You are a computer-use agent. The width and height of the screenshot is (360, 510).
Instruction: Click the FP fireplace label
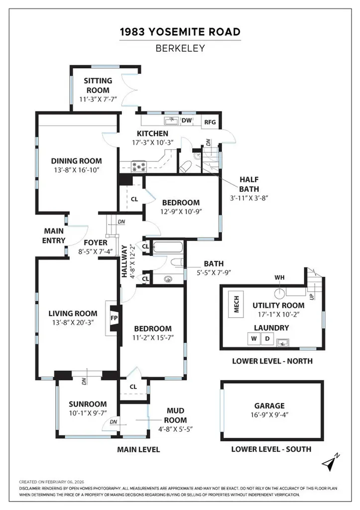click(114, 317)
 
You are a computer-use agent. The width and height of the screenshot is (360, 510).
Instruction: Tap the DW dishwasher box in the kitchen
click(187, 120)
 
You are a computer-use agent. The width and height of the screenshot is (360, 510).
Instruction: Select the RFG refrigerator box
click(209, 122)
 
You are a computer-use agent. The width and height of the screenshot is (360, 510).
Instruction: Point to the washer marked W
click(253, 339)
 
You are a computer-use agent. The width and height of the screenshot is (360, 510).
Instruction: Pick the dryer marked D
click(266, 339)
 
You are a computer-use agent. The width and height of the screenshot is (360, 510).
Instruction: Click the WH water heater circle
click(280, 292)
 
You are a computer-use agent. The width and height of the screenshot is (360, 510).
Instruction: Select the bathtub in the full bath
click(168, 247)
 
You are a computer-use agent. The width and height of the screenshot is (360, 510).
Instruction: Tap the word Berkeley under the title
click(180, 49)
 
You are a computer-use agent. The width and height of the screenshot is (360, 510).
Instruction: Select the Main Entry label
click(54, 236)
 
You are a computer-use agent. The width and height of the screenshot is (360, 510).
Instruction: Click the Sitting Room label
click(98, 85)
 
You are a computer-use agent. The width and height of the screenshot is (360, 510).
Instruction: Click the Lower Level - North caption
click(272, 361)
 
